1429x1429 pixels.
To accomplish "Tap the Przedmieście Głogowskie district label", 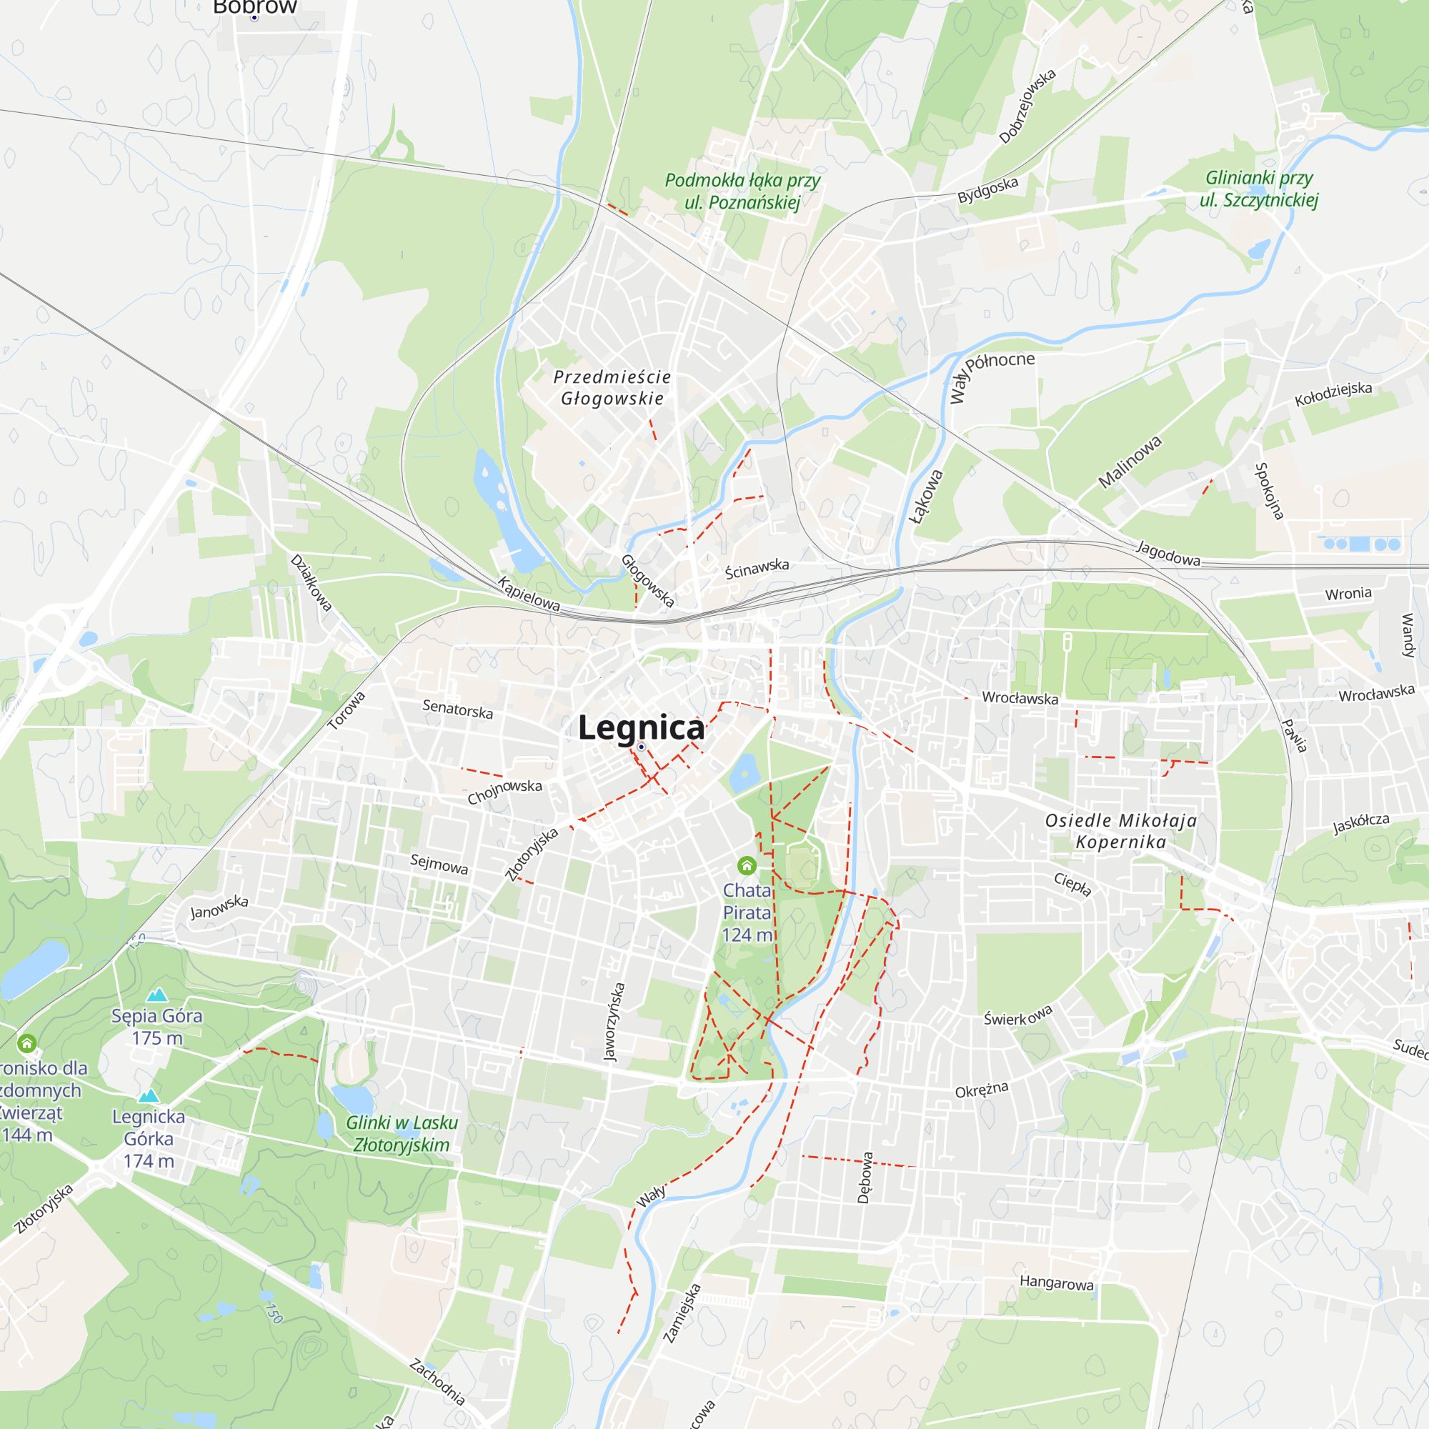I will (612, 387).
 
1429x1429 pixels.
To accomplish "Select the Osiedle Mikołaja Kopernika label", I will (1120, 831).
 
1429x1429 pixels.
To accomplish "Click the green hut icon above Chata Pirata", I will (747, 865).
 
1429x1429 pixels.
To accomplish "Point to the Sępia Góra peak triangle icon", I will (156, 995).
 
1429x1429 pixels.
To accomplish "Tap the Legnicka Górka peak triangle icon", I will (149, 1095).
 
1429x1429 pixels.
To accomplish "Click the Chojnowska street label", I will (504, 792).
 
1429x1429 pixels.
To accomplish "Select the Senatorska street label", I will (457, 709).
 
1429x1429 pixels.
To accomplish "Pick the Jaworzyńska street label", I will (614, 1022).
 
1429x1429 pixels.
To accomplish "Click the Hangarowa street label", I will (1056, 1283).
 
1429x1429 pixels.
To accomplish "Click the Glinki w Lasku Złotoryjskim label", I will (402, 1133).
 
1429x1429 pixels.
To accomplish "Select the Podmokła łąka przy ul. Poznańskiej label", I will (742, 191).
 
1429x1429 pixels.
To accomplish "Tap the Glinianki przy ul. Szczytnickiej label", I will (1259, 189).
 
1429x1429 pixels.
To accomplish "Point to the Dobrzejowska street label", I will (1027, 106).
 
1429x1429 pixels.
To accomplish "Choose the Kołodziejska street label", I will (1333, 393).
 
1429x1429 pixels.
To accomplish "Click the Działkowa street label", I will (311, 583).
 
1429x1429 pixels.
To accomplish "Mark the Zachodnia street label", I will (438, 1382).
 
